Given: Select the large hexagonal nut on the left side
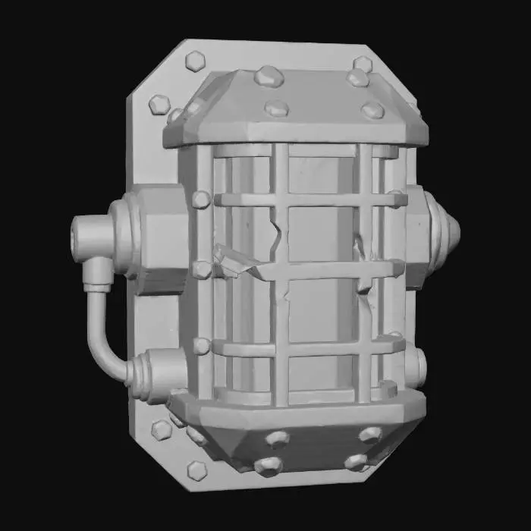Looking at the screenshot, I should [x=160, y=238].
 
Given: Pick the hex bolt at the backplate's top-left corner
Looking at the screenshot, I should [x=194, y=60].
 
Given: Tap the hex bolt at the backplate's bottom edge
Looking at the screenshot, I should [x=196, y=470].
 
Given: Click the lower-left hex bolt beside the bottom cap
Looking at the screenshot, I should [x=161, y=429].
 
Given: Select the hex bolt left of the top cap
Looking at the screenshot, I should [x=159, y=104].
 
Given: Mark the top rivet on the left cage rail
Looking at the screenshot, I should [x=202, y=200].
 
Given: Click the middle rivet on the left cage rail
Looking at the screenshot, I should [x=202, y=269].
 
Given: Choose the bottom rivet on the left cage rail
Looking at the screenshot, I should [x=202, y=346].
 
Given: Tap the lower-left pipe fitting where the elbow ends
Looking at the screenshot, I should [x=156, y=374].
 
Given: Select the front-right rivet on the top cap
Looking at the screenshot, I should [x=372, y=111].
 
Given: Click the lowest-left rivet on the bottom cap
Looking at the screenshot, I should [x=267, y=465].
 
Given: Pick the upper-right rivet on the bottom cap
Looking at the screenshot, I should [x=370, y=434].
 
